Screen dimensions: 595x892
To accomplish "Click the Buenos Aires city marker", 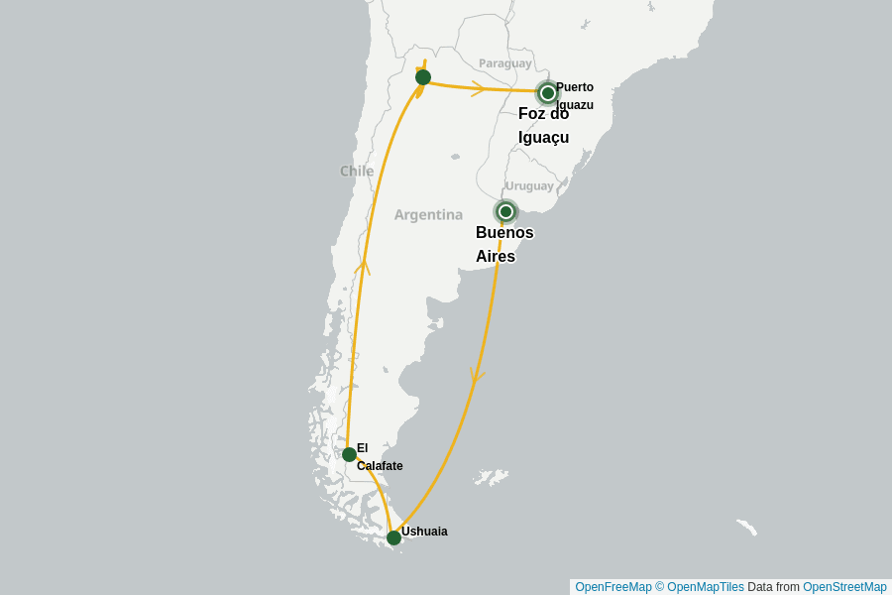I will tap(505, 211).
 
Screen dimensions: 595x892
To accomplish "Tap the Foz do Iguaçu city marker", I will tap(547, 93).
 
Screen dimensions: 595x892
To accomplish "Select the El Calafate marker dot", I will tap(349, 454).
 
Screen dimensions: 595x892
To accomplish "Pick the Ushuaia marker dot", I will tap(393, 537).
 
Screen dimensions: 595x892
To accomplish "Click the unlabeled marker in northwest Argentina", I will tap(423, 77).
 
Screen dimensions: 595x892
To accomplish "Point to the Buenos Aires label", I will tap(504, 244).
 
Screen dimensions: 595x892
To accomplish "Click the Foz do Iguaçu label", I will tap(543, 125).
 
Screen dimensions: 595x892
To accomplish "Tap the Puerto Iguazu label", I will tap(575, 95).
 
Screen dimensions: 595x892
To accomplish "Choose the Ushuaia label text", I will tap(424, 532).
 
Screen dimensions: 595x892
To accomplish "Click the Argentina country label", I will tap(428, 214).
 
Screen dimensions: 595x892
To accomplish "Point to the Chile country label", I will tap(357, 171).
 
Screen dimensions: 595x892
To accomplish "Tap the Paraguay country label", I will tap(505, 63).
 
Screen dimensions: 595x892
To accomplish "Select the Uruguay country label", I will tap(529, 185).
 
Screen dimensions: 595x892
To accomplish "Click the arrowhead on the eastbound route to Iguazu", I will tap(479, 88).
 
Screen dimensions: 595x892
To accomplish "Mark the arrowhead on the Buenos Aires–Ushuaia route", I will tap(478, 376).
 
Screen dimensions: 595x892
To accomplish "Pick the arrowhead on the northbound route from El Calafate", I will tap(364, 266).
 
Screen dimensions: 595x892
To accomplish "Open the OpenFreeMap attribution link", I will tap(613, 587).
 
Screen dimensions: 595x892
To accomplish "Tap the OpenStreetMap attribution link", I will tap(844, 587).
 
